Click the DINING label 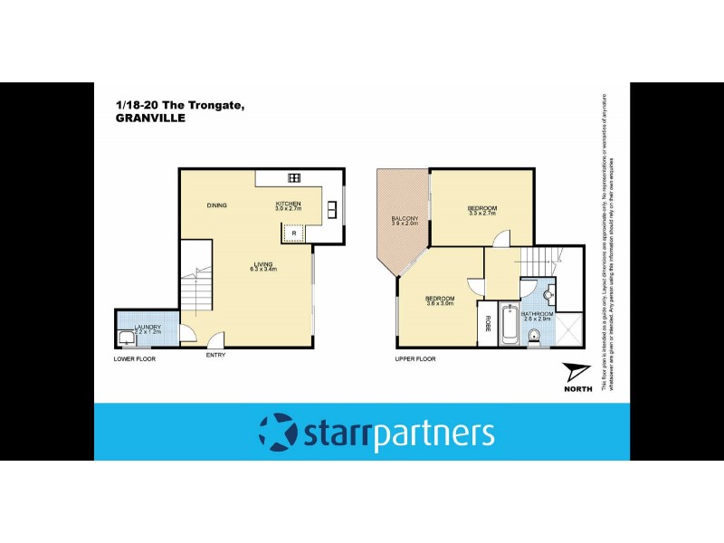[216, 205]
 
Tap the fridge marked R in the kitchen [293, 233]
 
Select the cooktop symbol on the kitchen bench [293, 176]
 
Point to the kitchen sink [332, 208]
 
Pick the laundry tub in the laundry [126, 338]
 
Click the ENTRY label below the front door [215, 355]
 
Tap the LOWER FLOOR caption [135, 359]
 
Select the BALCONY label [405, 220]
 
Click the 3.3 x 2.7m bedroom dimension [482, 214]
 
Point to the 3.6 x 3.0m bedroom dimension [440, 303]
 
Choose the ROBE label [487, 323]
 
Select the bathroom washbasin [548, 295]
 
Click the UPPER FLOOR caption [415, 359]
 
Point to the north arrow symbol [576, 373]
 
